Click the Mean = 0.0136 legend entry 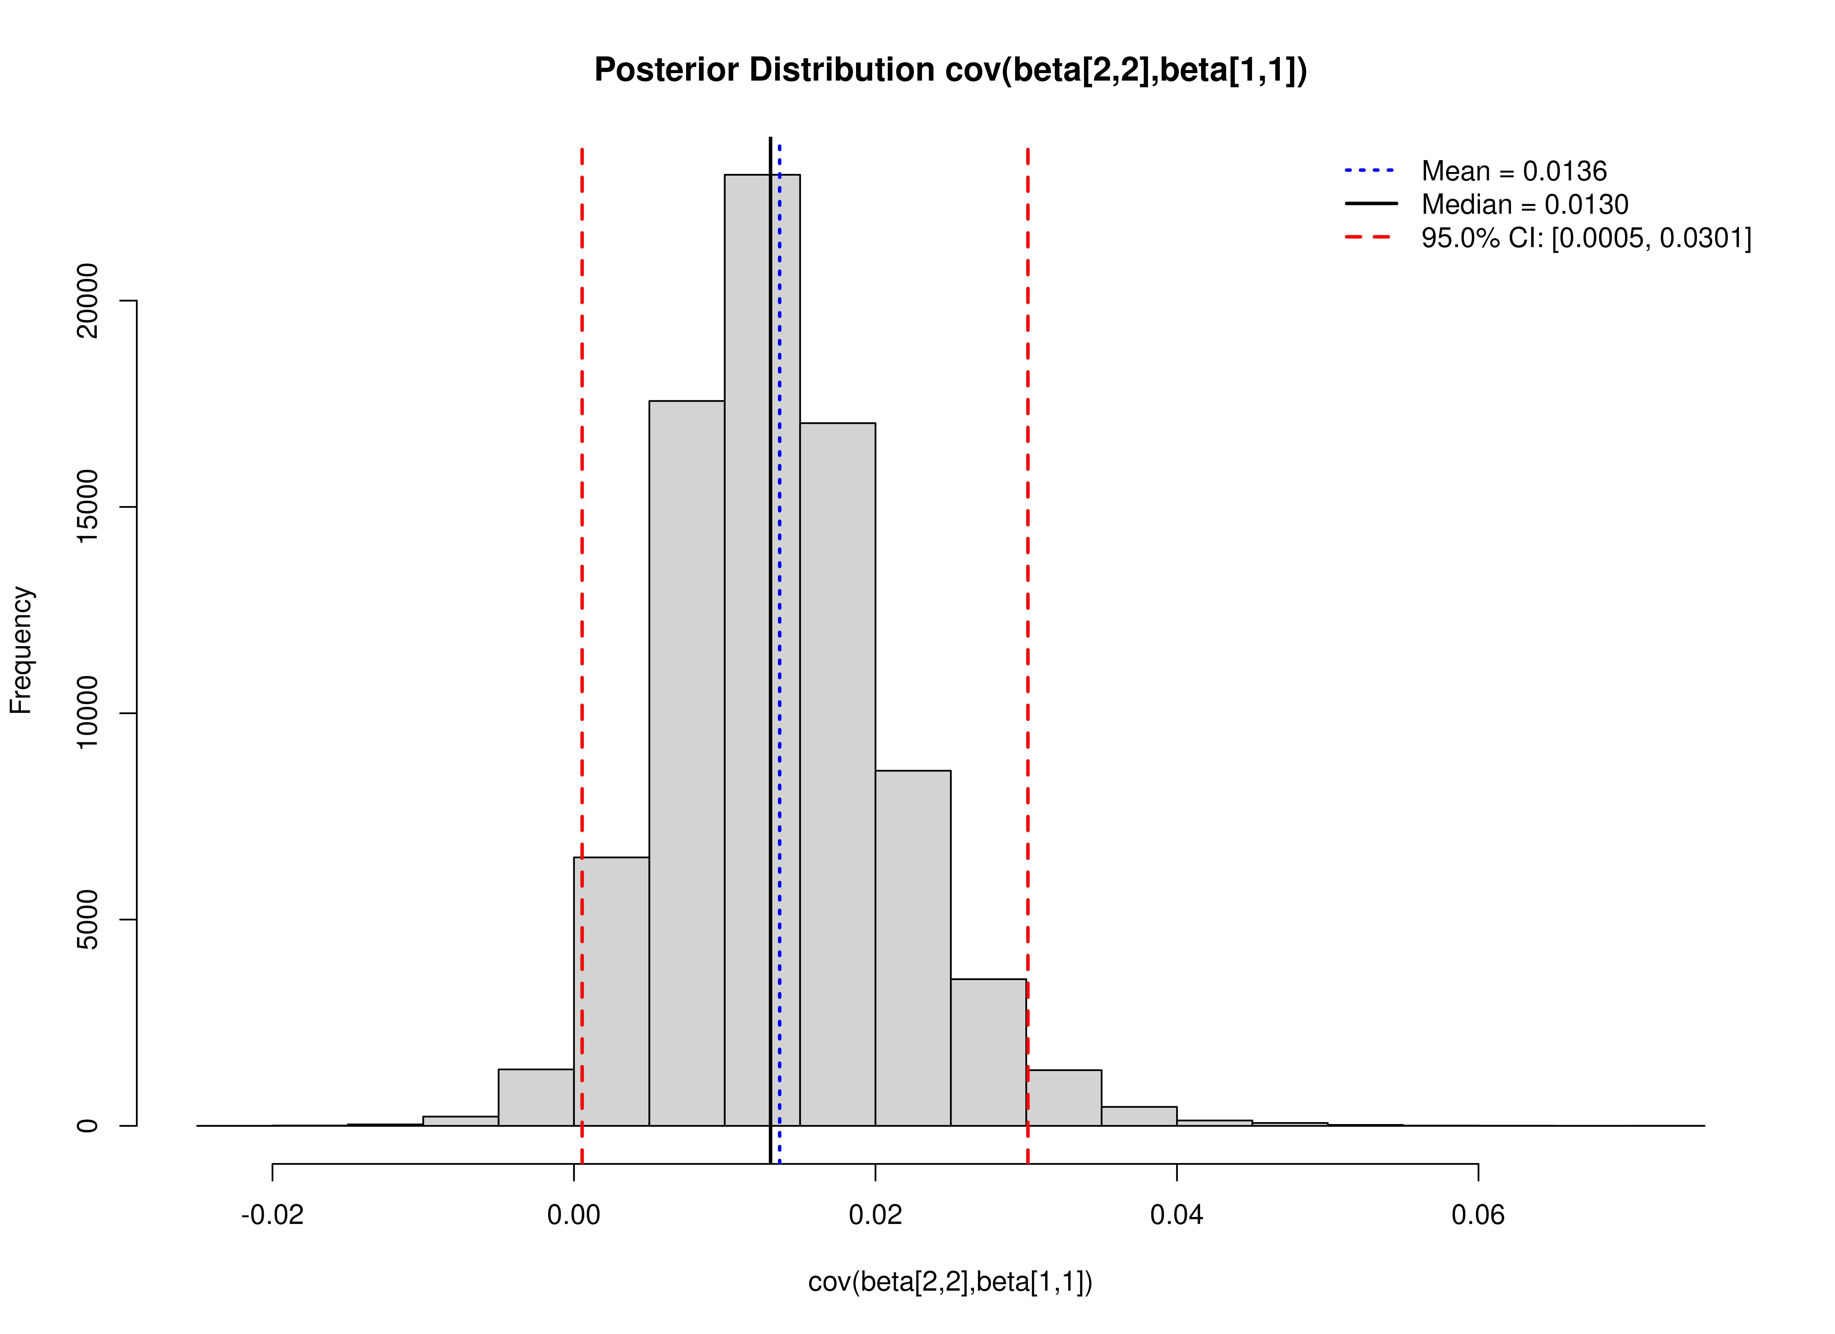pyautogui.click(x=1513, y=171)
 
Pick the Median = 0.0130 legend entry pyautogui.click(x=1524, y=205)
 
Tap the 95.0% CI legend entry pyautogui.click(x=1586, y=238)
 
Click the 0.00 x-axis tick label pyautogui.click(x=574, y=1215)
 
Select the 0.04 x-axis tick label pyautogui.click(x=1176, y=1215)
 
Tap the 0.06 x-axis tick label pyautogui.click(x=1477, y=1215)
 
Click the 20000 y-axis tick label pyautogui.click(x=86, y=301)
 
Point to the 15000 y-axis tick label pyautogui.click(x=86, y=507)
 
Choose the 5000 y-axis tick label pyautogui.click(x=86, y=920)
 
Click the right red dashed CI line pyautogui.click(x=1028, y=566)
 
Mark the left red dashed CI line pyautogui.click(x=582, y=566)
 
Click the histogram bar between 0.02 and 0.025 pyautogui.click(x=913, y=947)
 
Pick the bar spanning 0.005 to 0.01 pyautogui.click(x=686, y=760)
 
